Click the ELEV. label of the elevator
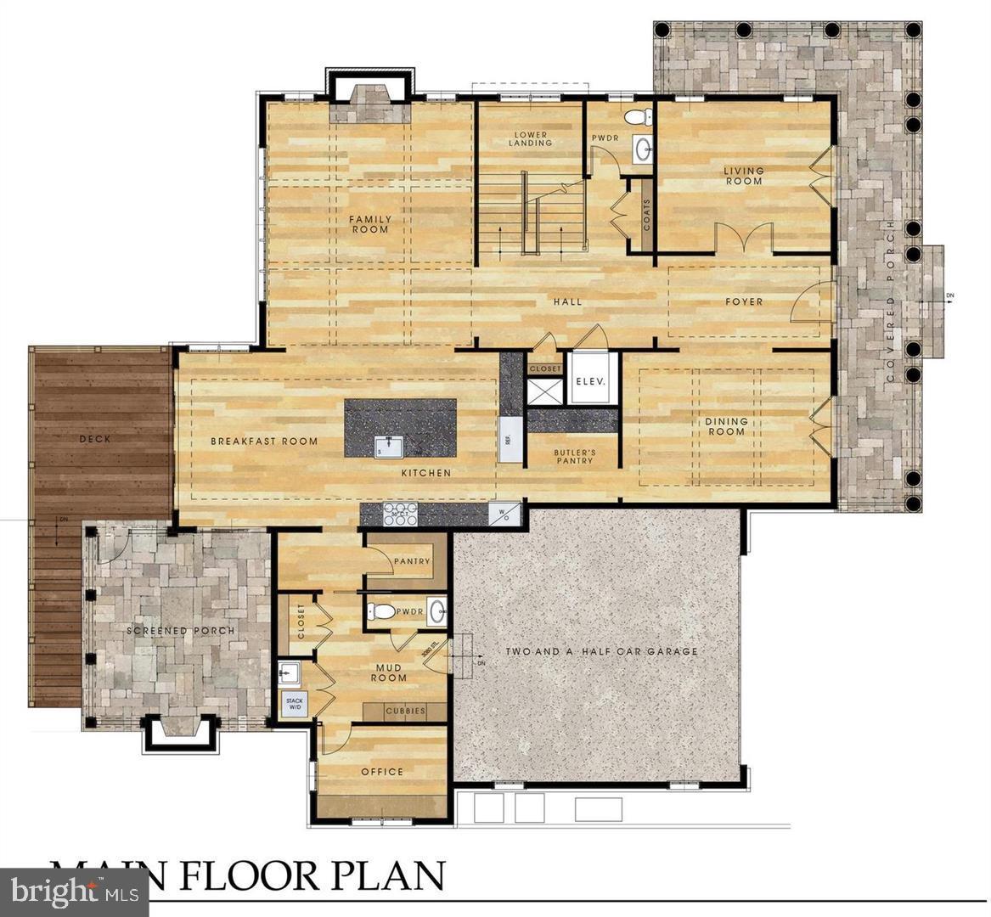click(589, 381)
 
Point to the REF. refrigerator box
click(510, 440)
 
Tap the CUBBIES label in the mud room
click(405, 712)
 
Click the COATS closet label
click(647, 215)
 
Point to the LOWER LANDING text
click(530, 139)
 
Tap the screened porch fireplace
click(176, 730)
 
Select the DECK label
click(95, 439)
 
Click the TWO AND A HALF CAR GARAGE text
click(601, 652)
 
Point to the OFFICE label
click(382, 772)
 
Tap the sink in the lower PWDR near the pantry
click(436, 611)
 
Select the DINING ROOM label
click(726, 426)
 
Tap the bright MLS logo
click(72, 892)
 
